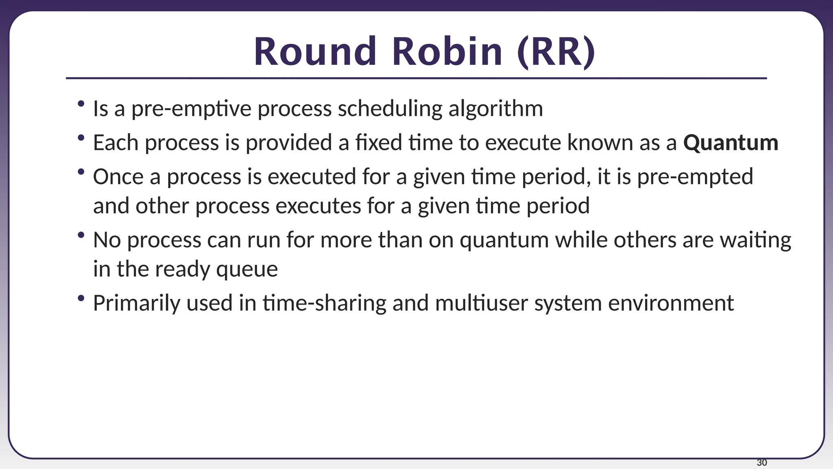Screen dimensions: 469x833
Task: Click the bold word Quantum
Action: [x=731, y=143]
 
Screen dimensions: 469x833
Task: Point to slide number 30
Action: [x=762, y=462]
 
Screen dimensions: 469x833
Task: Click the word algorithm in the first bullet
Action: [x=495, y=109]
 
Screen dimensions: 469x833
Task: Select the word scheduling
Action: [x=390, y=109]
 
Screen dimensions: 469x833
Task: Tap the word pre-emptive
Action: [x=191, y=109]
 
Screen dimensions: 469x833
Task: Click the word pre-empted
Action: [x=695, y=177]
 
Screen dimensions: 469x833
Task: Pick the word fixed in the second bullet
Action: [x=378, y=143]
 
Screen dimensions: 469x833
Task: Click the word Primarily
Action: [x=136, y=303]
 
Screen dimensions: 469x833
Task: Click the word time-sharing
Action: [x=324, y=303]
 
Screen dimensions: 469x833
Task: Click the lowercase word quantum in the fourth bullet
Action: [x=504, y=240]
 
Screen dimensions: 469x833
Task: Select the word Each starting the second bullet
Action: [x=116, y=143]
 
